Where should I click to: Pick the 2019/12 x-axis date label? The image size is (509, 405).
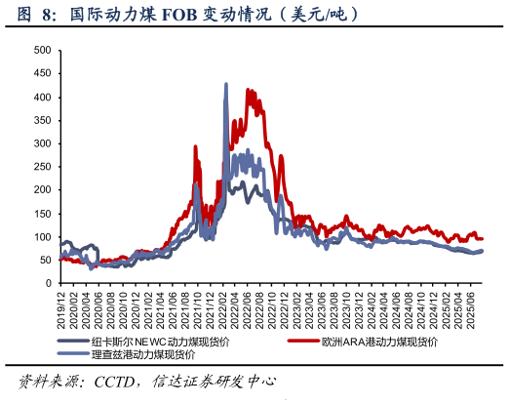coord(61,305)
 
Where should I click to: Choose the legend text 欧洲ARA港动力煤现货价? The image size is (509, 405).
coord(375,343)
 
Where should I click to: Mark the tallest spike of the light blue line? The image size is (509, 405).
coord(226,85)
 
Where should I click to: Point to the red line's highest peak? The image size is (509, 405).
coord(249,90)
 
